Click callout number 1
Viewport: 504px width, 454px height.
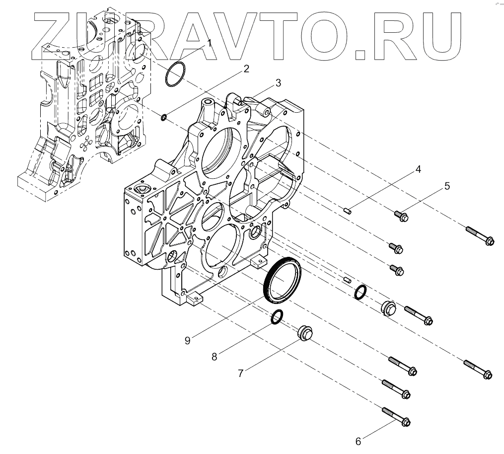pyautogui.click(x=209, y=43)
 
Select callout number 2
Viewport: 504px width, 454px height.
pyautogui.click(x=245, y=69)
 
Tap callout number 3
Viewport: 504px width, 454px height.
pyautogui.click(x=278, y=82)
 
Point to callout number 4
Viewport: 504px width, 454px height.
pyautogui.click(x=418, y=169)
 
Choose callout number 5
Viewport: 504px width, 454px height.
pyautogui.click(x=447, y=186)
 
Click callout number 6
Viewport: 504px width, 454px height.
pyautogui.click(x=358, y=440)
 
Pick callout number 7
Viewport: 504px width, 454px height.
pyautogui.click(x=240, y=374)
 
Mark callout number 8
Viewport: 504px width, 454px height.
pyautogui.click(x=215, y=356)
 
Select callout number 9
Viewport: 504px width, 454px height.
pyautogui.click(x=187, y=340)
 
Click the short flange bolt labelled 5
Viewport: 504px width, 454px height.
pyautogui.click(x=400, y=216)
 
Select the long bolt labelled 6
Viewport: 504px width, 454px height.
pyautogui.click(x=398, y=417)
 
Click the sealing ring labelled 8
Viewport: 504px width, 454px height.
pyautogui.click(x=278, y=316)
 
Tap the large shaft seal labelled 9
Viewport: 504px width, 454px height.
pyautogui.click(x=282, y=279)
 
